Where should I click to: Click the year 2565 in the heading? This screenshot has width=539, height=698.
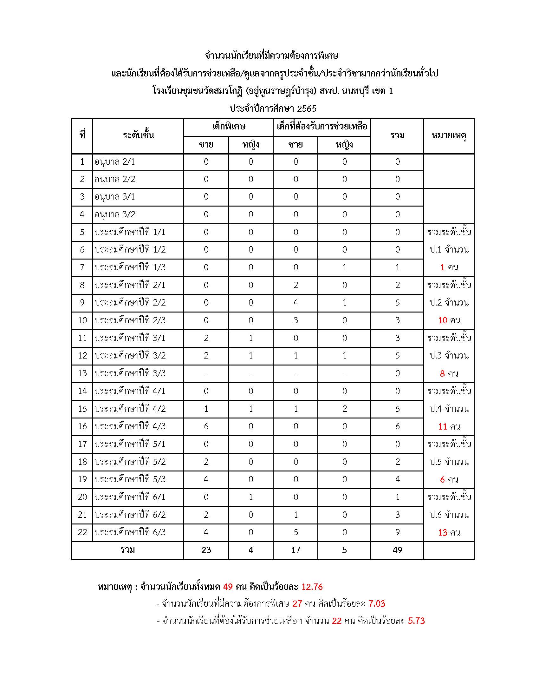point(307,109)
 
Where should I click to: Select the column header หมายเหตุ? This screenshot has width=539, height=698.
point(449,136)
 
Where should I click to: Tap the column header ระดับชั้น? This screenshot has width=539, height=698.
point(138,135)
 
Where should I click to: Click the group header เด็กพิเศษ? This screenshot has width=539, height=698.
point(228,127)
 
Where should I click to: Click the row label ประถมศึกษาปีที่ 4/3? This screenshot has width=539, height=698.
point(130,426)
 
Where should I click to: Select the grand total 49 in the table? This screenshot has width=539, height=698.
point(397,550)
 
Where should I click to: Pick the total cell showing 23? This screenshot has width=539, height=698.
point(206,550)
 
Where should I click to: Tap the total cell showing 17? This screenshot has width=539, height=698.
point(296,550)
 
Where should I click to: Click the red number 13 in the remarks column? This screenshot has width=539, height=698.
point(443,532)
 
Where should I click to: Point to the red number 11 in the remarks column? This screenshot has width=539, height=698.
point(443,426)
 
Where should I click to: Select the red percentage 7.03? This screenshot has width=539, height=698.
point(377,604)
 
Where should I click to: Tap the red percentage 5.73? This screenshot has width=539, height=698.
point(416,621)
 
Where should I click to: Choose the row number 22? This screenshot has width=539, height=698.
point(82,532)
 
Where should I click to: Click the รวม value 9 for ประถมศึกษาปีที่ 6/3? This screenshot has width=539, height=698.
point(397,532)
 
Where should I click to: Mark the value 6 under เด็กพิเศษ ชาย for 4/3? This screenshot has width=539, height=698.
point(206,426)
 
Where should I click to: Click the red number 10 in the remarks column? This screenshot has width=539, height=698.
point(443,320)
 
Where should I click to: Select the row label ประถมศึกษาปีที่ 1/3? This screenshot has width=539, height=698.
point(130,267)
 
